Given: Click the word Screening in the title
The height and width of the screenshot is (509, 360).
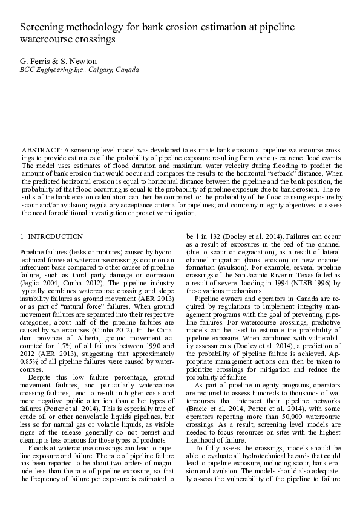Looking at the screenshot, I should pos(44,28).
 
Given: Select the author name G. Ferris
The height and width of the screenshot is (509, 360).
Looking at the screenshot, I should pos(34,60).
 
